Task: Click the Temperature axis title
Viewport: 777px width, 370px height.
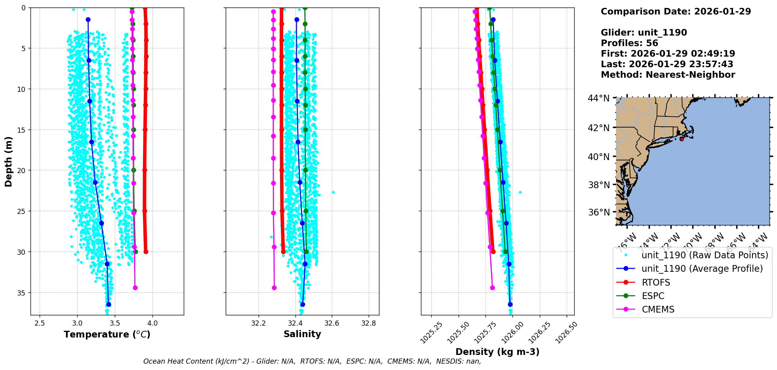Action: click(x=107, y=334)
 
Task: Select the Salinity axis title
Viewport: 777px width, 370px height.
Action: click(x=302, y=334)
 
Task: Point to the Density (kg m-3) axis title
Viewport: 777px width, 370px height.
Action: click(x=497, y=352)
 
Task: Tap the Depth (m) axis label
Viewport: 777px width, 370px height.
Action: click(x=9, y=161)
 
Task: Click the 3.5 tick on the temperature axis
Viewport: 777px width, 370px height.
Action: click(x=115, y=323)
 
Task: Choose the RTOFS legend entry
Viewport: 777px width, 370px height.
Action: click(x=656, y=282)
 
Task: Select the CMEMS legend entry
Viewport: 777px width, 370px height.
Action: click(x=658, y=309)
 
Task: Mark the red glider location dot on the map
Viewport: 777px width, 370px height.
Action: click(x=682, y=139)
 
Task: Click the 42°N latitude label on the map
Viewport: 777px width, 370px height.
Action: click(x=598, y=128)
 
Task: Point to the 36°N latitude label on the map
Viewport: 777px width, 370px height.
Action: click(x=598, y=212)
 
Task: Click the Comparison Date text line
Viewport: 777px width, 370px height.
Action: click(x=676, y=11)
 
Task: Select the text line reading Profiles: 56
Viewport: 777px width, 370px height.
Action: click(x=629, y=43)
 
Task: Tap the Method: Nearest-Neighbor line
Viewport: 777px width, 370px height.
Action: click(x=668, y=75)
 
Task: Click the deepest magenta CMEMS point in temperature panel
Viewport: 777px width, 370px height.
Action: click(x=135, y=288)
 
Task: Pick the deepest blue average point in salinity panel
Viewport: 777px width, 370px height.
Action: click(x=303, y=304)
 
